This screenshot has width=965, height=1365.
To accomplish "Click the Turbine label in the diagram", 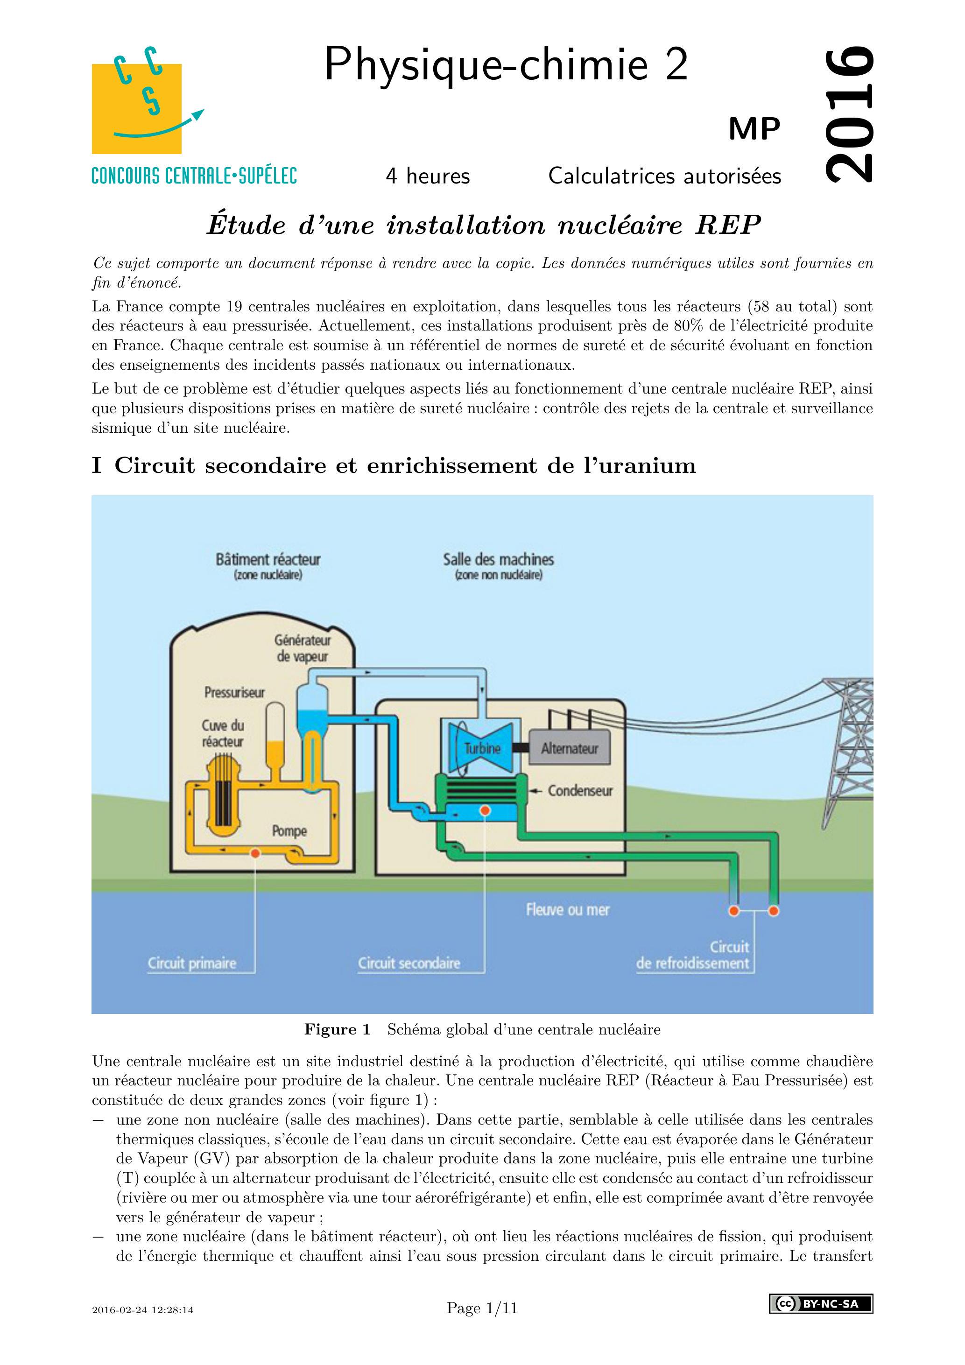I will tap(482, 748).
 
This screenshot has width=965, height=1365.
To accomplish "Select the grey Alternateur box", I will tap(569, 748).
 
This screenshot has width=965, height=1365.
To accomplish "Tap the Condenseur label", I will tap(580, 791).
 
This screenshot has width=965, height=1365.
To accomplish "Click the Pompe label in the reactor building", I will tap(289, 830).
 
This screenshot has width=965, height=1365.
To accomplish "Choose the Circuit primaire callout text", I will tap(192, 963).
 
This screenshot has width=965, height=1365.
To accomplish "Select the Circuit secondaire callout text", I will tap(409, 963).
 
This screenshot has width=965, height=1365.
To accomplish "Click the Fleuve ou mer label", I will tap(567, 909).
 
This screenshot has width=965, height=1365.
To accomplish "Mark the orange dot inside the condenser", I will tap(485, 811).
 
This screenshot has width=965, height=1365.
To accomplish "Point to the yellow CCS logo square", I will tap(136, 109).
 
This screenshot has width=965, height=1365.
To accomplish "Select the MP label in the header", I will tap(754, 129).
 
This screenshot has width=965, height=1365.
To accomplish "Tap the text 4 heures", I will tap(428, 176).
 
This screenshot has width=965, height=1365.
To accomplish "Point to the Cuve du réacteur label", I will tap(222, 733).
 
